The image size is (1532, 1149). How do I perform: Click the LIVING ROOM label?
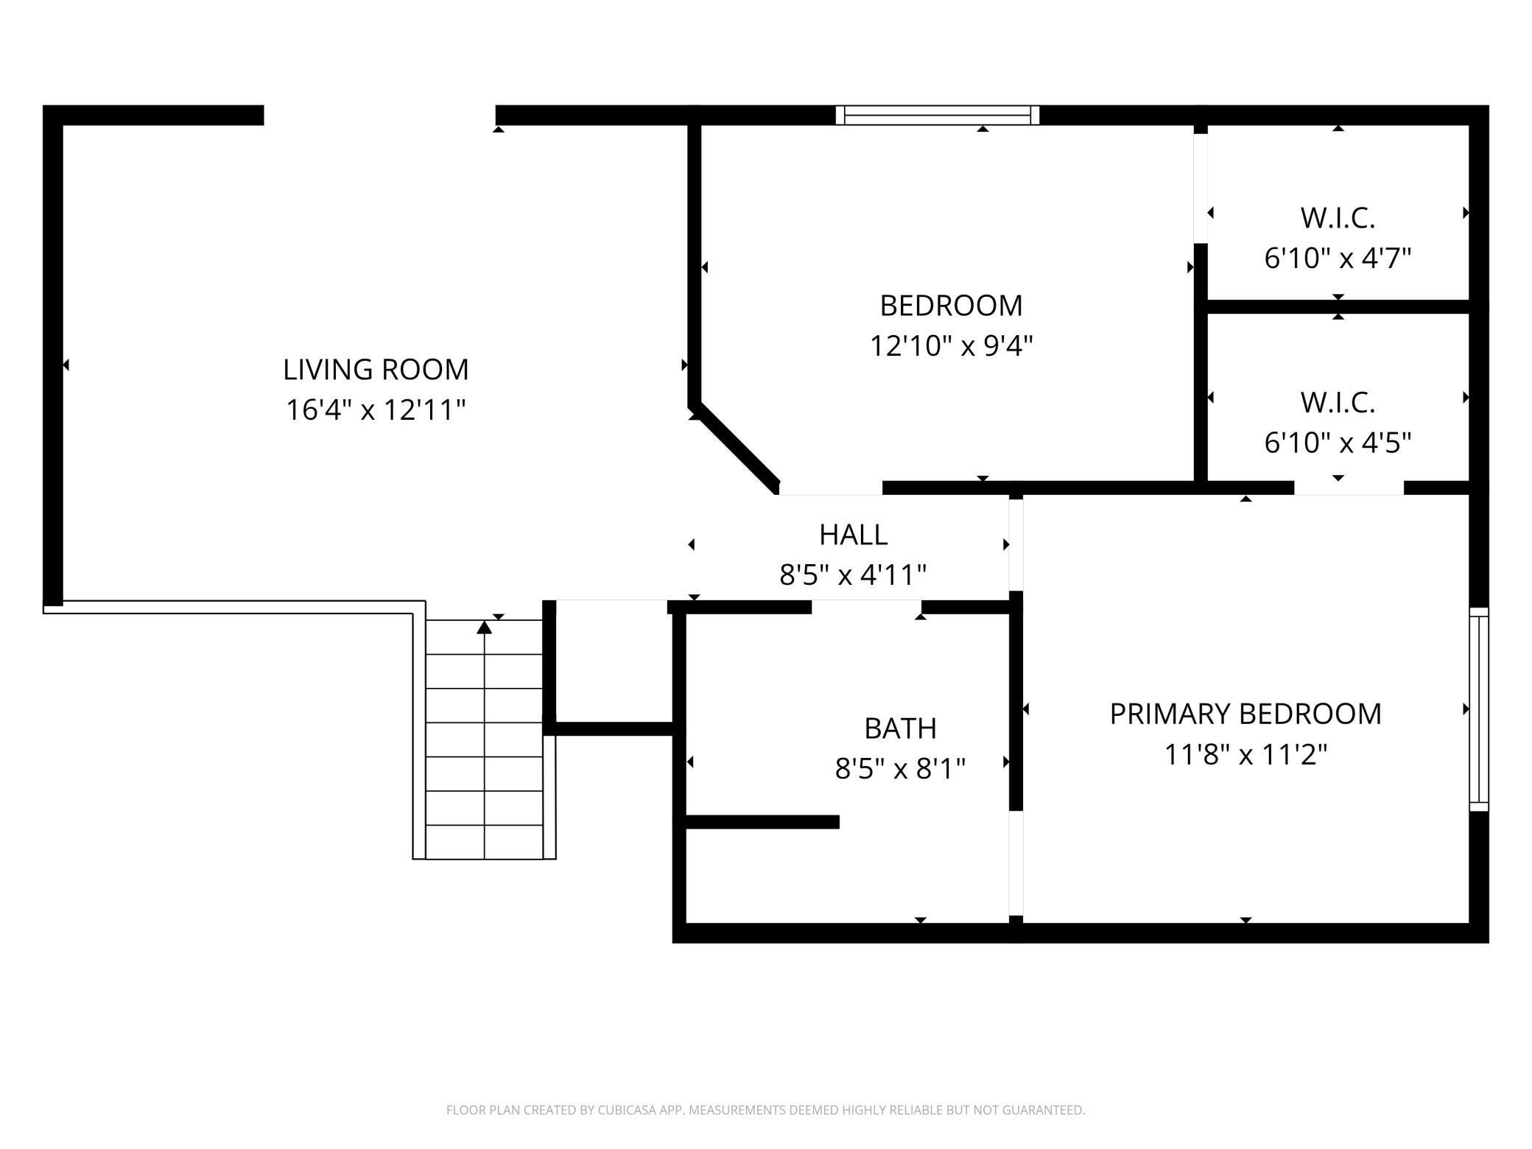376,369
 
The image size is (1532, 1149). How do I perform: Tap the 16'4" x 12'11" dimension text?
376,410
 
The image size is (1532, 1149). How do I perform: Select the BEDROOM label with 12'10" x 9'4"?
951,306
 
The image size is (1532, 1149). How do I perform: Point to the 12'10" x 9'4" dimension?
951,345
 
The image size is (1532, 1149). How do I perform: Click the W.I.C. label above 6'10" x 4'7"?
1338,218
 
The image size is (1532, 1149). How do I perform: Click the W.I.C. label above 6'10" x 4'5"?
1338,403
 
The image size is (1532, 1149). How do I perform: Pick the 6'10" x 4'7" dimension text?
1338,259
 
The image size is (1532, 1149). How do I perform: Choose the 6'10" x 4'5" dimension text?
1338,443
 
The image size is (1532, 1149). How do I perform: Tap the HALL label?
853,535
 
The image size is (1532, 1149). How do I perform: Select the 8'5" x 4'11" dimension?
853,574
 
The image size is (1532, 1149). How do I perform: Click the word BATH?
900,728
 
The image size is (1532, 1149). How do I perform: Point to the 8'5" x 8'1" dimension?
900,769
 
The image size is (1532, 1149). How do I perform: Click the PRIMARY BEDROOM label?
1245,714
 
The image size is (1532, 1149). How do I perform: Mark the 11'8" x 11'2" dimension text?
1245,754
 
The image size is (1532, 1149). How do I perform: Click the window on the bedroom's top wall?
938,115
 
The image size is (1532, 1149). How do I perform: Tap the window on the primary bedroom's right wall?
1479,709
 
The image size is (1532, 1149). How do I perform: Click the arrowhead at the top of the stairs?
484,627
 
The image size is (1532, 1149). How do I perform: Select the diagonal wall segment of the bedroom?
734,448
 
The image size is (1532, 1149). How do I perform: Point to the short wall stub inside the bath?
762,822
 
